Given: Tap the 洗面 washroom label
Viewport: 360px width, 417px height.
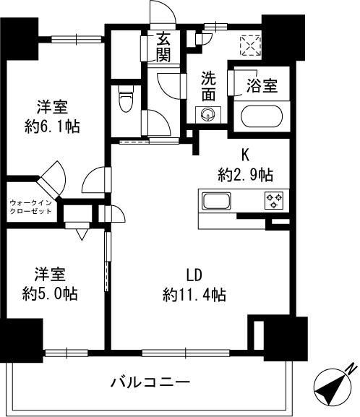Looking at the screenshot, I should pyautogui.click(x=208, y=86).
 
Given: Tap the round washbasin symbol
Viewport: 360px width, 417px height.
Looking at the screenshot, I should pyautogui.click(x=209, y=114).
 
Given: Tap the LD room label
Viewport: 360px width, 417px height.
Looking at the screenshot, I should pyautogui.click(x=194, y=275).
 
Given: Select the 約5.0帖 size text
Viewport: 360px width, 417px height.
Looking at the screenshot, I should pyautogui.click(x=50, y=294).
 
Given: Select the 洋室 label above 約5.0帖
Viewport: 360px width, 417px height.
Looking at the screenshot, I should pyautogui.click(x=50, y=275).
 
